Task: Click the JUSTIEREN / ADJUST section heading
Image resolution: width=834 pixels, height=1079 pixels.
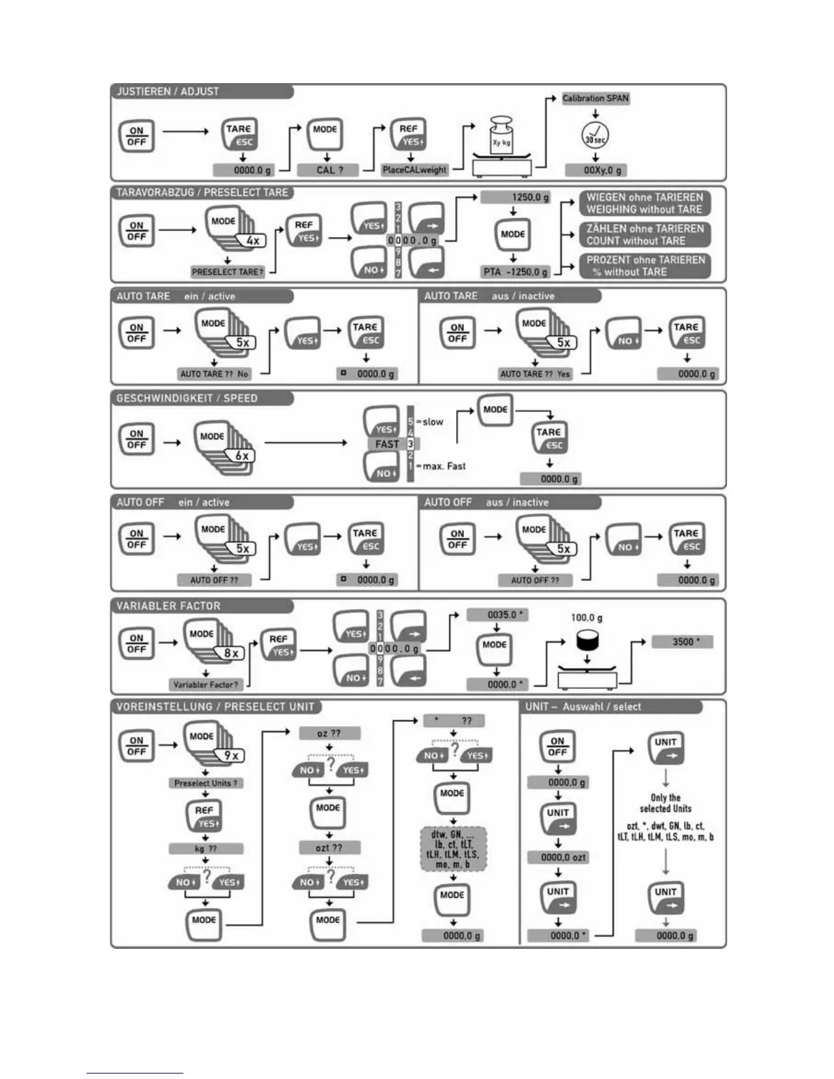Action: click(x=168, y=91)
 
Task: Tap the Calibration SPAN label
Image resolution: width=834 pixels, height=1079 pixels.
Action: click(x=596, y=98)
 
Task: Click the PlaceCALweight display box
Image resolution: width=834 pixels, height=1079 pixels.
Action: click(x=414, y=170)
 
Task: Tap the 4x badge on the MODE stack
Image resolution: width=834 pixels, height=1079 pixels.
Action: click(x=253, y=240)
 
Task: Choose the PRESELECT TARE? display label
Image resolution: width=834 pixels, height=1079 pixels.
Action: click(x=227, y=271)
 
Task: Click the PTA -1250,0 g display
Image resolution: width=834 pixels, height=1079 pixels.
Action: click(x=515, y=271)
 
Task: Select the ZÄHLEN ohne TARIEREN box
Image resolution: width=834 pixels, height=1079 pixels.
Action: click(x=645, y=234)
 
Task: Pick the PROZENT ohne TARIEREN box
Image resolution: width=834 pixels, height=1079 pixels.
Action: click(x=645, y=266)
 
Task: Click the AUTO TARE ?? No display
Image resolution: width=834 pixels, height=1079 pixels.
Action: click(x=214, y=374)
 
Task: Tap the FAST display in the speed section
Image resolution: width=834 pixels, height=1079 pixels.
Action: click(x=387, y=444)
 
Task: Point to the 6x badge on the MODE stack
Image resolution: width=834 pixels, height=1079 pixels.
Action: click(x=242, y=456)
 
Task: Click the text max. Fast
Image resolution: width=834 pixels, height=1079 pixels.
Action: click(x=444, y=467)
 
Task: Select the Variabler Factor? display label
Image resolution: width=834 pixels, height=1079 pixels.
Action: click(x=206, y=685)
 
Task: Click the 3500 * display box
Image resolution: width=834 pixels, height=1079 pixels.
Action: click(x=682, y=642)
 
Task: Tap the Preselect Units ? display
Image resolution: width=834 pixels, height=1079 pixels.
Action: click(x=206, y=783)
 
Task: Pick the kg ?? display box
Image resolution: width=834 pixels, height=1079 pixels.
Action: click(x=206, y=849)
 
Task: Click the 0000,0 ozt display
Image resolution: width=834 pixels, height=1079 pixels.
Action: click(x=563, y=858)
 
